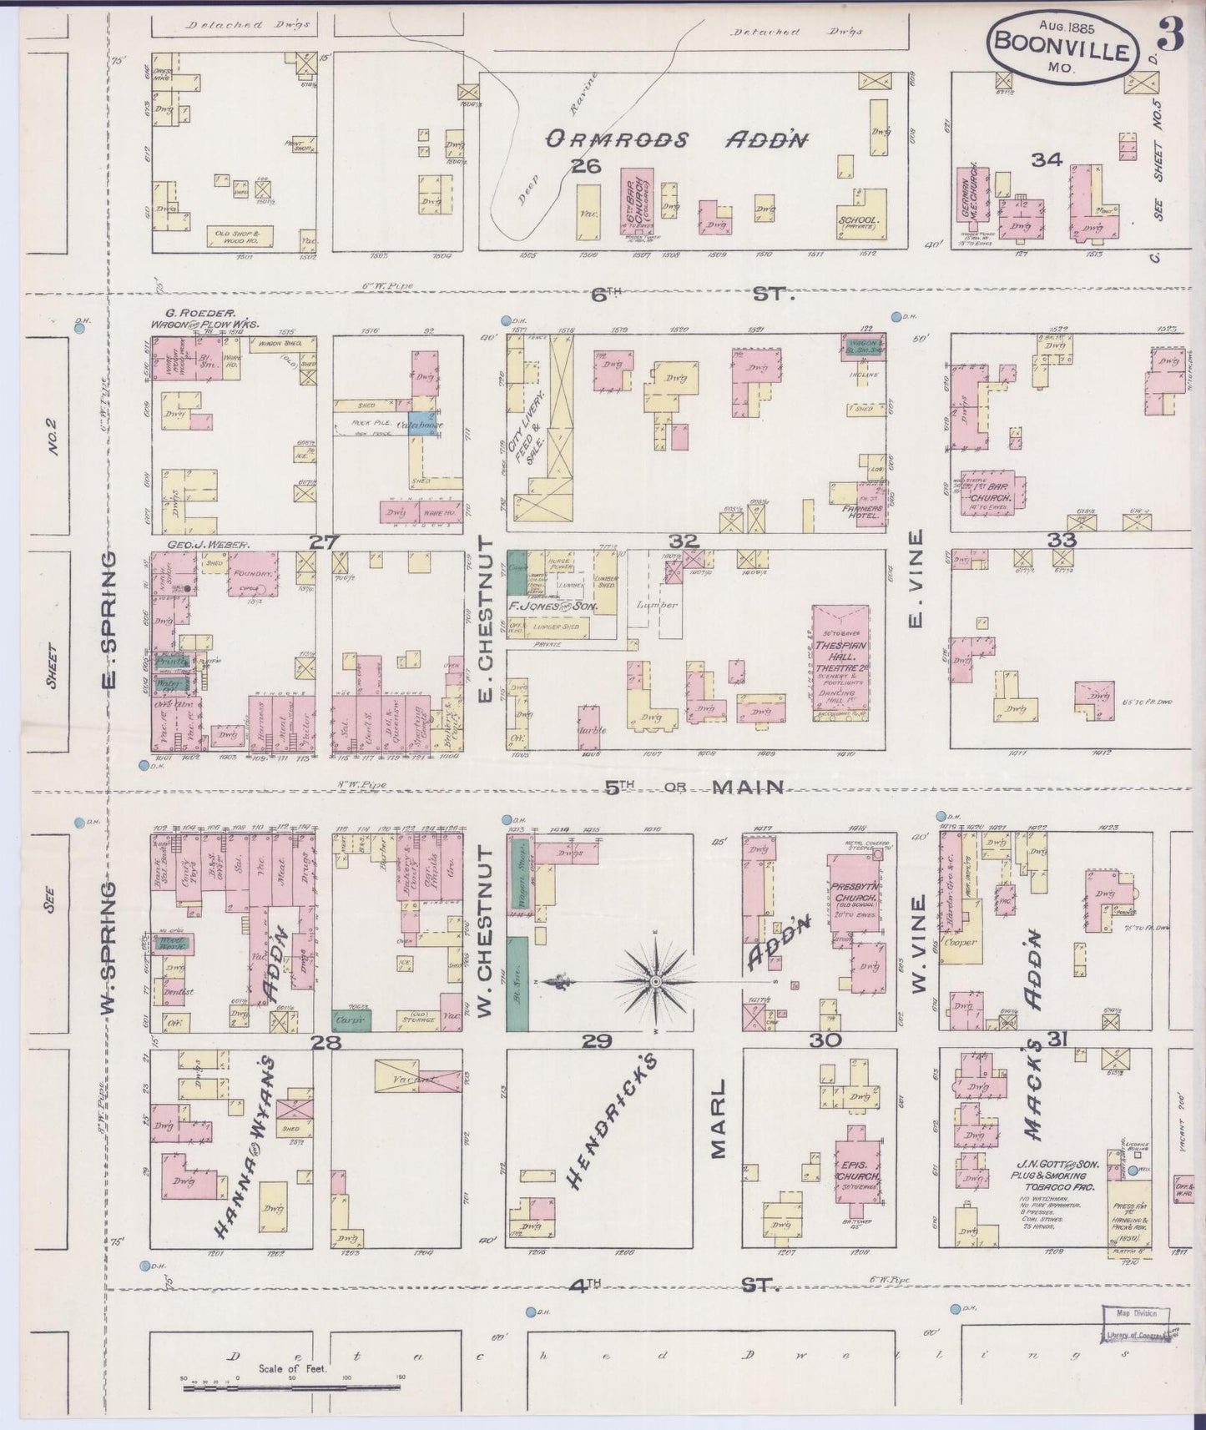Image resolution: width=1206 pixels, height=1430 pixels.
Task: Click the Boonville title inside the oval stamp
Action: (1062, 51)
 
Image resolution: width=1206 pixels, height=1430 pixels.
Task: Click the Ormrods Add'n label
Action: (676, 140)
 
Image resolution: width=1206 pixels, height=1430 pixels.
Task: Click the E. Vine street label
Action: (916, 582)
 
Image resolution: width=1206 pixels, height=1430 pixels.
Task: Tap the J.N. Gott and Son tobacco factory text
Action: (1057, 1175)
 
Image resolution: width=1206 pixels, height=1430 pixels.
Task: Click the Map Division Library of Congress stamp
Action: (1136, 1326)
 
